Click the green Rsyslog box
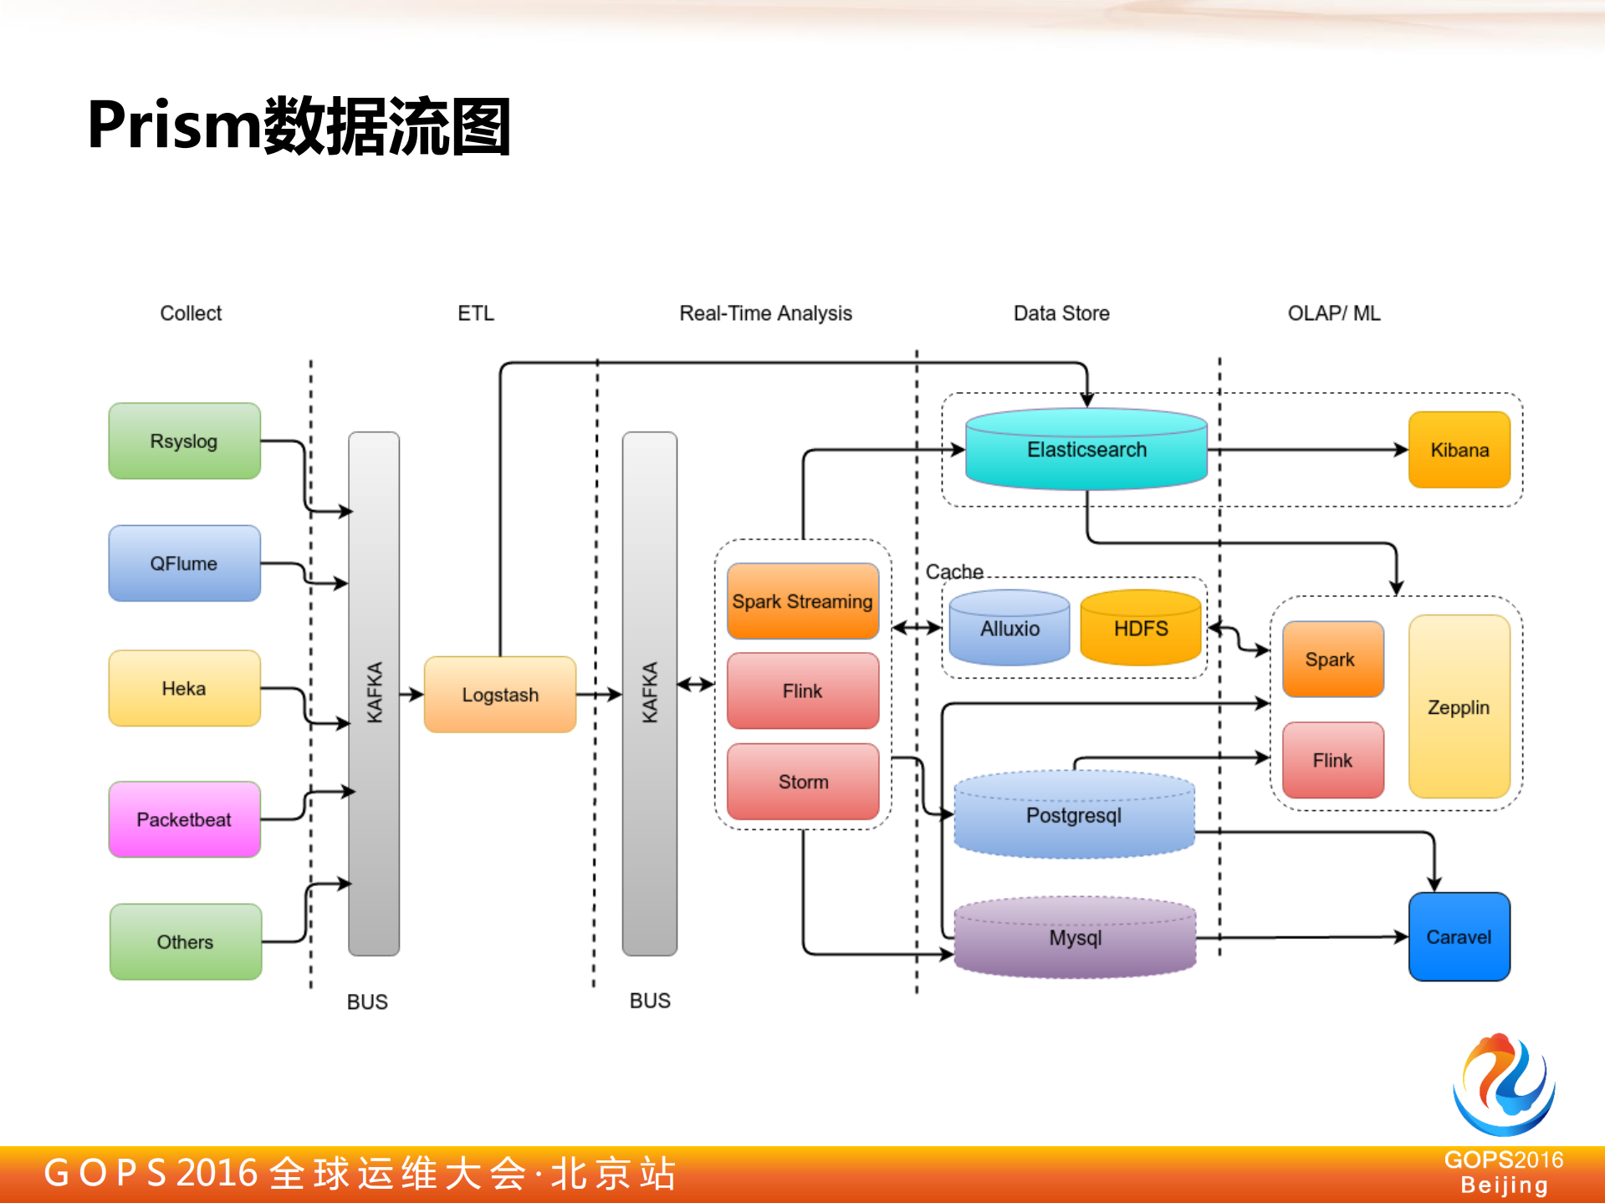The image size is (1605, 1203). [x=184, y=441]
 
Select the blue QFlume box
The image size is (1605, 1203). [x=184, y=563]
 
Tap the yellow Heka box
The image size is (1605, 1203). [x=184, y=688]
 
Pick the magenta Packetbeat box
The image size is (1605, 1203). [x=184, y=819]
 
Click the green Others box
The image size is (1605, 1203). [x=185, y=941]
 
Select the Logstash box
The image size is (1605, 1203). [x=500, y=695]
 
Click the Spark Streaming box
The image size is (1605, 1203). [x=802, y=601]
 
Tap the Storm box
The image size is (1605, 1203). [x=802, y=782]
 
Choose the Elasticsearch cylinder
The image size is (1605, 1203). [x=1086, y=450]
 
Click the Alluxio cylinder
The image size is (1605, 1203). [x=1010, y=629]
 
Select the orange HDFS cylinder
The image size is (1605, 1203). [x=1140, y=629]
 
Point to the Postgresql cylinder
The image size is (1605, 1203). [x=1074, y=815]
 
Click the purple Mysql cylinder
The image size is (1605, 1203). [x=1075, y=938]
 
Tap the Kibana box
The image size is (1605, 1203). [x=1459, y=450]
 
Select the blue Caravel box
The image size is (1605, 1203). [x=1459, y=936]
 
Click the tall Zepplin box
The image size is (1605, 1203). [x=1459, y=707]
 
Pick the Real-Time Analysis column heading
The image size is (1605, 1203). [x=765, y=313]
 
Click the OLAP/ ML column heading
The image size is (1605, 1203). [x=1333, y=313]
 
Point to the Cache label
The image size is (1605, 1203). [x=953, y=572]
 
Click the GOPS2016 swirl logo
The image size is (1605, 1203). [x=1503, y=1084]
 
